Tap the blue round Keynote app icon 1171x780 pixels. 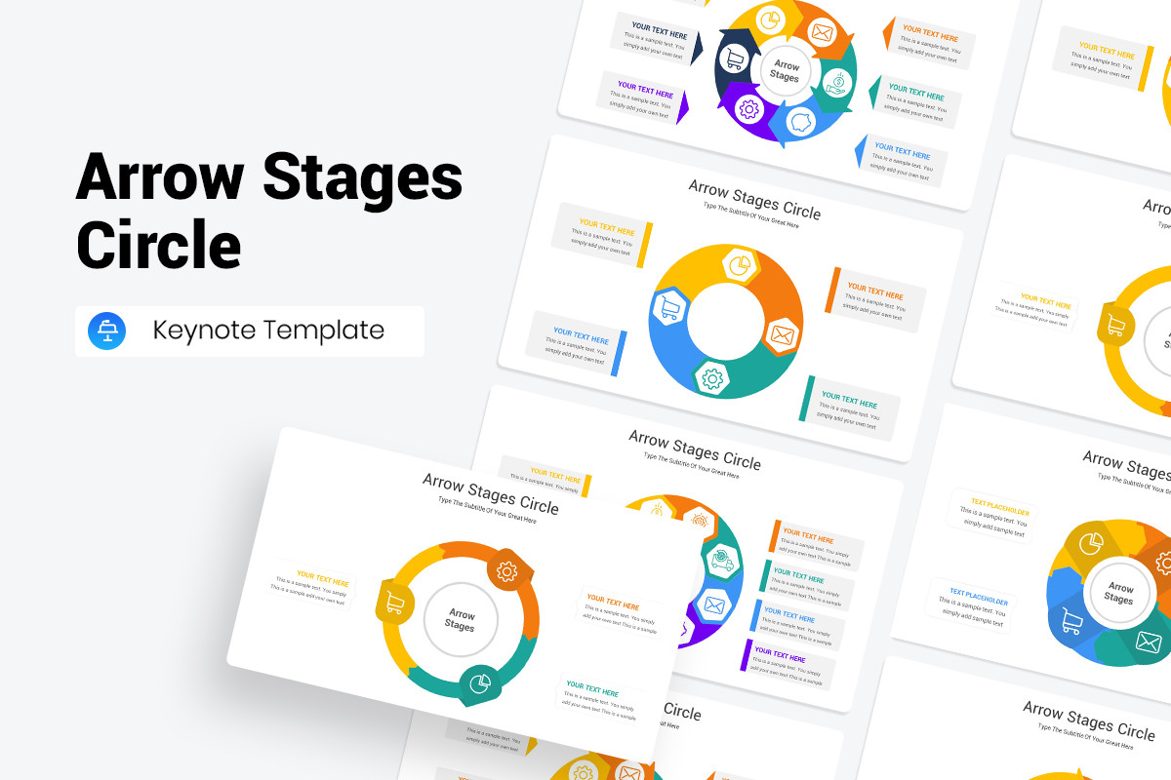point(107,331)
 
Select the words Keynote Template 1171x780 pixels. point(268,331)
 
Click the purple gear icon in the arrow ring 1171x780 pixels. point(749,109)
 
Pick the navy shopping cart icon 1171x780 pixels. point(733,60)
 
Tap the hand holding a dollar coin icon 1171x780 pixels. point(837,81)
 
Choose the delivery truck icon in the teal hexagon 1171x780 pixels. point(722,559)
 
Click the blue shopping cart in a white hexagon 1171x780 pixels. point(669,308)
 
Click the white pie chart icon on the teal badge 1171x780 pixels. point(478,682)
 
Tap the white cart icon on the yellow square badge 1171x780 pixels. point(394,603)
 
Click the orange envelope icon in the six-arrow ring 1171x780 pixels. point(823,32)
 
